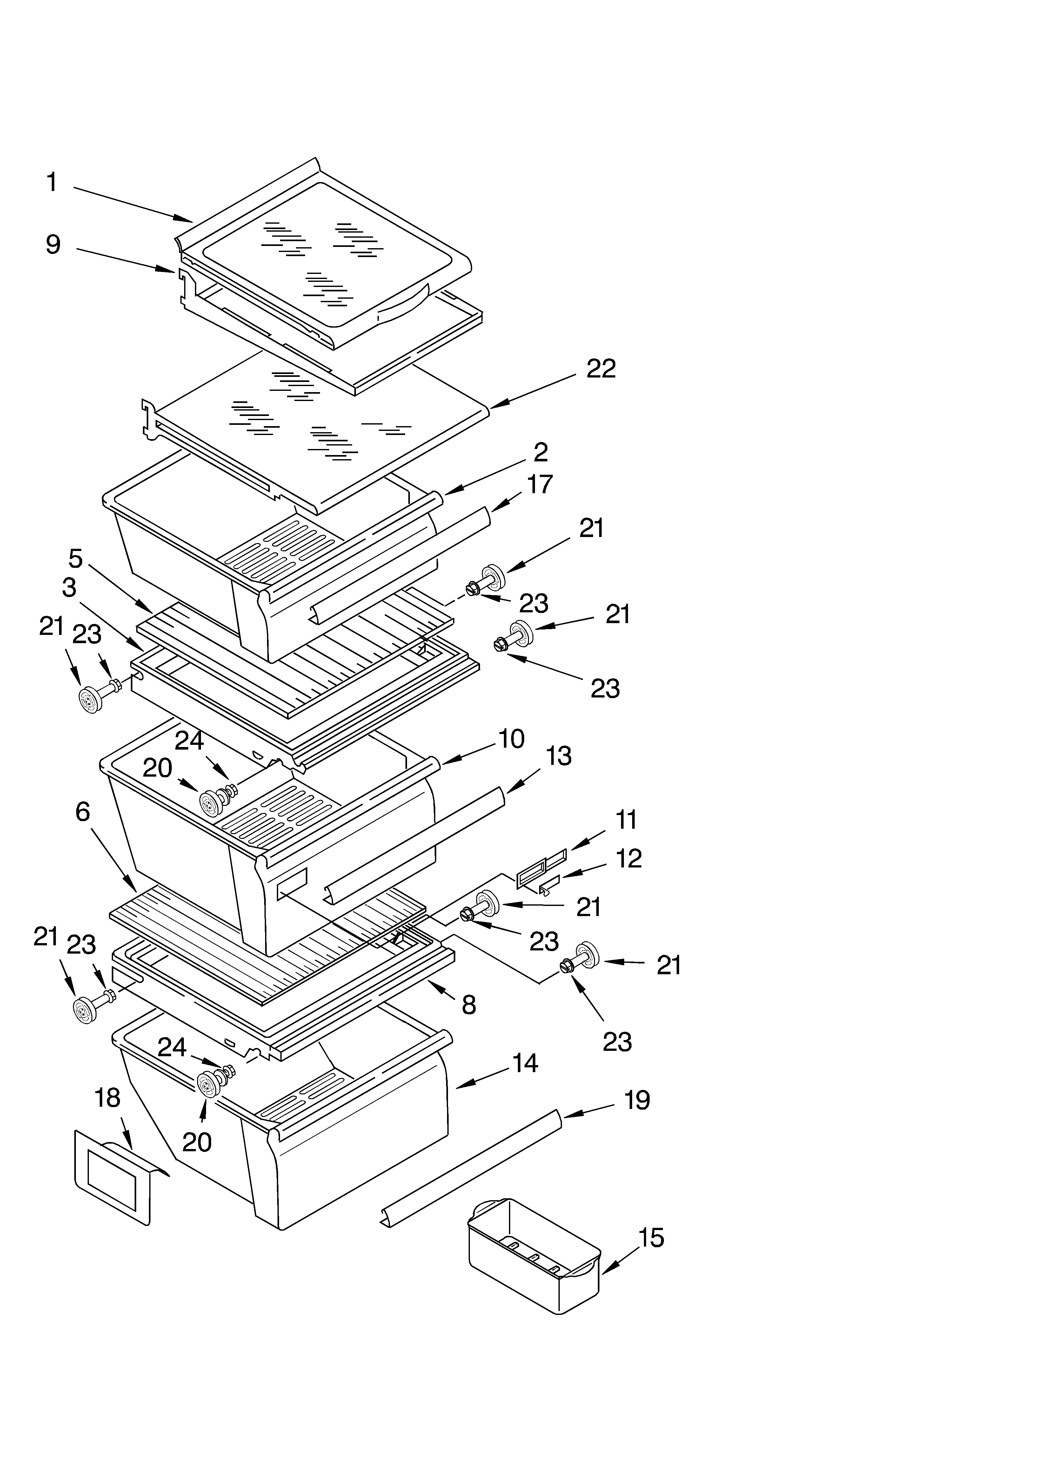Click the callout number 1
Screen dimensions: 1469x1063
point(52,183)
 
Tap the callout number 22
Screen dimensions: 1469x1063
point(601,369)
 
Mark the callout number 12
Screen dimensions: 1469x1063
point(629,858)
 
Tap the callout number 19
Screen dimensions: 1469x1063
point(637,1100)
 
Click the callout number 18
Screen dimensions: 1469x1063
point(107,1097)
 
